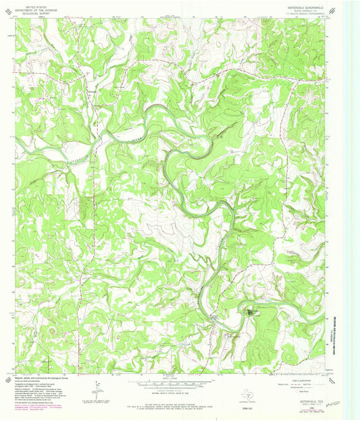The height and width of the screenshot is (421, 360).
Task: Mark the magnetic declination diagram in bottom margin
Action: tap(99, 388)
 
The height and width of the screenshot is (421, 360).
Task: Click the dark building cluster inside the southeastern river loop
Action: tap(251, 312)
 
